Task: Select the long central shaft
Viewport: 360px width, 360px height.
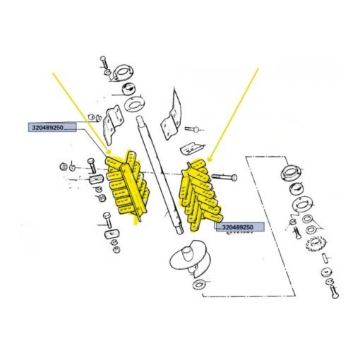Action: pyautogui.click(x=160, y=174)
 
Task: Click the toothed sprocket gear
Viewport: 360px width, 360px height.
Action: pyautogui.click(x=316, y=244)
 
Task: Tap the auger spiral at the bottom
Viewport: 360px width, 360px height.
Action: pyautogui.click(x=188, y=258)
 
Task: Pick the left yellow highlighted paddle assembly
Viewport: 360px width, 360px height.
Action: pyautogui.click(x=128, y=185)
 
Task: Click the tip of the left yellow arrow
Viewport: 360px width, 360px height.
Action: pyautogui.click(x=109, y=153)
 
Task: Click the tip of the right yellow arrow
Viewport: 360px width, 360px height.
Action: pyautogui.click(x=208, y=162)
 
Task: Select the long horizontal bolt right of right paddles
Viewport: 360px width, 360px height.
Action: pyautogui.click(x=224, y=176)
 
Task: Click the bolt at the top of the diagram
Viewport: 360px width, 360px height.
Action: pyautogui.click(x=104, y=62)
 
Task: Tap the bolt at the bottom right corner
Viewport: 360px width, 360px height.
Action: pyautogui.click(x=335, y=292)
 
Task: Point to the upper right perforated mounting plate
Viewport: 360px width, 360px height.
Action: pyautogui.click(x=172, y=115)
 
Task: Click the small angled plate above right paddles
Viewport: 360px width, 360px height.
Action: pyautogui.click(x=193, y=148)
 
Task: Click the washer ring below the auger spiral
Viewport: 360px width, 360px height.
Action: pyautogui.click(x=200, y=284)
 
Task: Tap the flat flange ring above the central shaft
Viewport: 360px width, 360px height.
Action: pyautogui.click(x=134, y=104)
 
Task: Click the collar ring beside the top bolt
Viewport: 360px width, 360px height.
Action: pyautogui.click(x=123, y=72)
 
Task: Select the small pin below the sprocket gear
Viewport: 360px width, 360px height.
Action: pyautogui.click(x=325, y=258)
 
